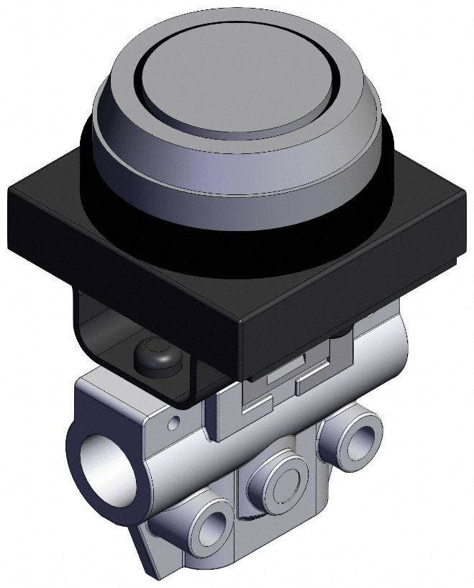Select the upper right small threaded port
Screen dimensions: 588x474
[x=359, y=435]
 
